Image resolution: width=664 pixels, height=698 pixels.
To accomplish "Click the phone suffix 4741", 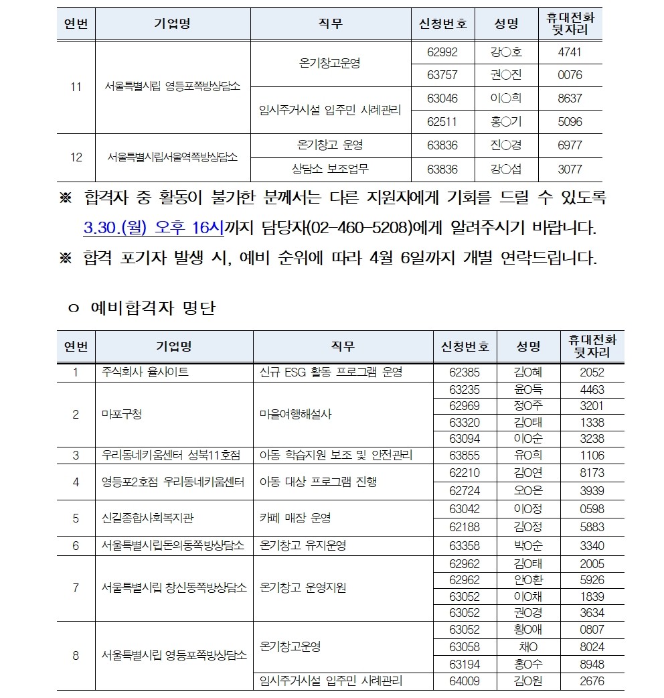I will coord(570,52).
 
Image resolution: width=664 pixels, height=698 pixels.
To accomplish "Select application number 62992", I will coord(442,52).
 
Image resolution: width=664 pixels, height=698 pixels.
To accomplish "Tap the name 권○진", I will coord(506,75).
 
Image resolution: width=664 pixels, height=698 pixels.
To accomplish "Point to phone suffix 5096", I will coord(570,122).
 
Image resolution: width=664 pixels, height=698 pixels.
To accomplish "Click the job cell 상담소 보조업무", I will coord(330,169).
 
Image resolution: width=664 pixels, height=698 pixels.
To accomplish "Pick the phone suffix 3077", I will coord(570,169).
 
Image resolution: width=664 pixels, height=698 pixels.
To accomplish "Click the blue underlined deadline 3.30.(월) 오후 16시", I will coord(153,228).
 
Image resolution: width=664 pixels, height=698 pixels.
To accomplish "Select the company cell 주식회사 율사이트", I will coord(145,372).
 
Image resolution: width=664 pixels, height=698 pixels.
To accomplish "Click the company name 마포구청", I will coord(121,414).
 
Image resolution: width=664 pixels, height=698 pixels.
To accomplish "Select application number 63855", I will coord(465,456).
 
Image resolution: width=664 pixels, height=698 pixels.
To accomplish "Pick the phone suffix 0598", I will coord(592,509).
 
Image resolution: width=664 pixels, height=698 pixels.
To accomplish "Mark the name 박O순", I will coord(528,545).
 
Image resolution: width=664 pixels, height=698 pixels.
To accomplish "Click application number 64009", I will coord(465,681).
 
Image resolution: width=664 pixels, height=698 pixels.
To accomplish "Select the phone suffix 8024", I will coord(592,647).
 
